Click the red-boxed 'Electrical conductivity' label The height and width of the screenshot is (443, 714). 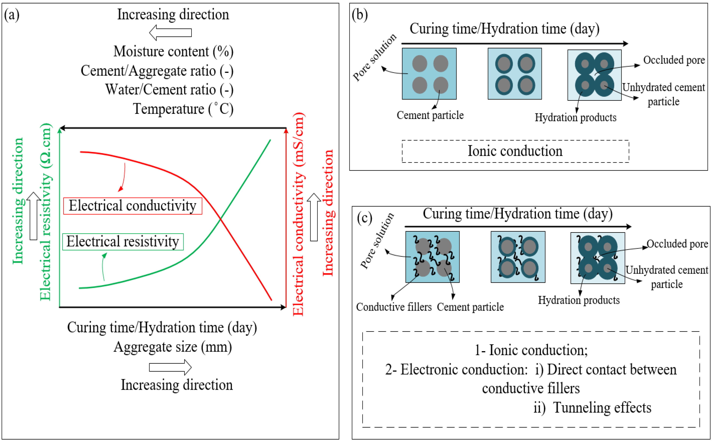(132, 206)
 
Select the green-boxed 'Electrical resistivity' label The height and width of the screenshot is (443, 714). (123, 242)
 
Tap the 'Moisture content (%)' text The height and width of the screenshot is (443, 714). (173, 52)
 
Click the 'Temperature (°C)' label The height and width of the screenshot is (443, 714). (183, 109)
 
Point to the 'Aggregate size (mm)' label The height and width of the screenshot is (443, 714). (173, 347)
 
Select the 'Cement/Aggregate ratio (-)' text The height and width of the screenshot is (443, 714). (157, 71)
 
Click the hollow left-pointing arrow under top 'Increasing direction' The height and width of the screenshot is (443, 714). (170, 33)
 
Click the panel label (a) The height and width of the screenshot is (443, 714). (12, 15)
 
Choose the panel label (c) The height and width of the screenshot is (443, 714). (364, 218)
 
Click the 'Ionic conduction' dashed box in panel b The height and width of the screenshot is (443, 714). (515, 151)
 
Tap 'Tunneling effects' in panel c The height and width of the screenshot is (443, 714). (602, 408)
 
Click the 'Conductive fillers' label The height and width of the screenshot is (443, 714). (394, 307)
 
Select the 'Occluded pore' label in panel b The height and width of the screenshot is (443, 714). (674, 60)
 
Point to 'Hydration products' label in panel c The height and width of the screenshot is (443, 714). (579, 300)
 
